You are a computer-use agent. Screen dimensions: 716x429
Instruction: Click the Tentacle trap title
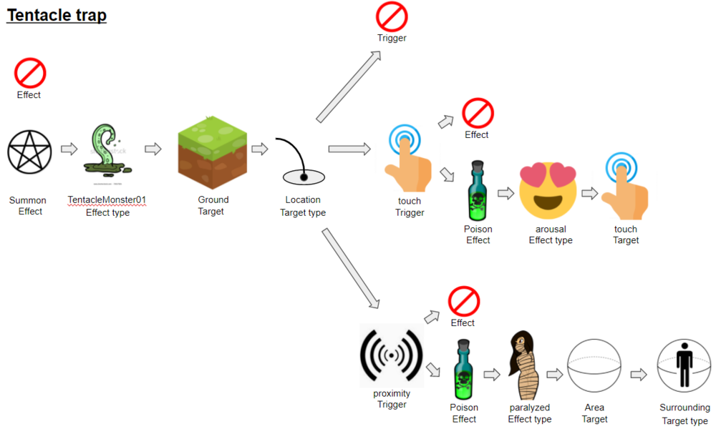pyautogui.click(x=57, y=15)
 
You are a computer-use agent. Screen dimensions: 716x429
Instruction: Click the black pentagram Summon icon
pyautogui.click(x=29, y=152)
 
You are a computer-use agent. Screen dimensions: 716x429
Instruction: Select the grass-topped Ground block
pyautogui.click(x=213, y=152)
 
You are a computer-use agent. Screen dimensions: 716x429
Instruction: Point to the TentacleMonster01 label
pyautogui.click(x=107, y=199)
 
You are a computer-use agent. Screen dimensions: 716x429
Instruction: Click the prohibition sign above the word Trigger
pyautogui.click(x=392, y=17)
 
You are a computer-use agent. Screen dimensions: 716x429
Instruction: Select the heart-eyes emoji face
pyautogui.click(x=548, y=191)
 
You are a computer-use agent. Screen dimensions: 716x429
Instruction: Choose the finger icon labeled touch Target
pyautogui.click(x=624, y=187)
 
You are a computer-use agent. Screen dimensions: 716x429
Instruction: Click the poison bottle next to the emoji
pyautogui.click(x=478, y=191)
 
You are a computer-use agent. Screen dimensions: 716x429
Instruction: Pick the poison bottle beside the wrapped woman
pyautogui.click(x=463, y=370)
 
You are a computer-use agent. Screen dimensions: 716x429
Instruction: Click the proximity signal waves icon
pyautogui.click(x=392, y=355)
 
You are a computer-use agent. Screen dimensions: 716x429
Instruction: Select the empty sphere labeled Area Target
pyautogui.click(x=594, y=365)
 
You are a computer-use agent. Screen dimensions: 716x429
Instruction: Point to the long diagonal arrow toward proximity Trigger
pyautogui.click(x=350, y=269)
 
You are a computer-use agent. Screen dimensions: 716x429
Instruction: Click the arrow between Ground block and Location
pyautogui.click(x=260, y=149)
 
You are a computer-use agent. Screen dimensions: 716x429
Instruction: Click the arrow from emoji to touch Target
pyautogui.click(x=589, y=193)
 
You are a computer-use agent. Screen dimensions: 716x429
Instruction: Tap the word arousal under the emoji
pyautogui.click(x=551, y=229)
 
